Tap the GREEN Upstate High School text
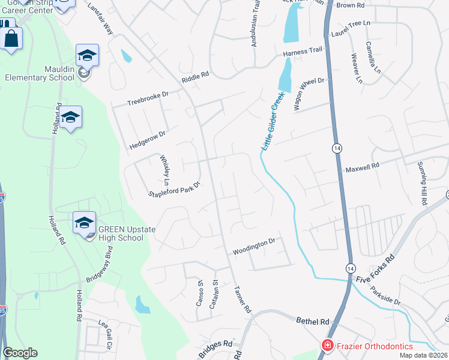click(x=121, y=233)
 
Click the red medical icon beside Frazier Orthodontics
click(x=327, y=346)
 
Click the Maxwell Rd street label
click(x=362, y=169)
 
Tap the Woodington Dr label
click(x=254, y=243)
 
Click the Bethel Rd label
click(x=313, y=321)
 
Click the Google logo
click(x=20, y=353)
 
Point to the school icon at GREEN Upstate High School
click(x=83, y=222)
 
